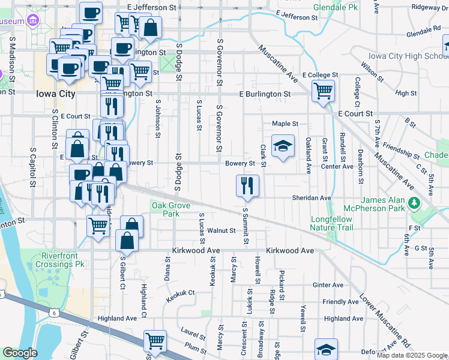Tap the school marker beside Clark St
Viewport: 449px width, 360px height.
[x=283, y=146]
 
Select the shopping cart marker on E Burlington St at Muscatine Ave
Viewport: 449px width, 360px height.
[x=323, y=91]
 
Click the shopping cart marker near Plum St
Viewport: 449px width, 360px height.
[x=155, y=341]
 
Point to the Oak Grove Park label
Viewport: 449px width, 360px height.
[x=166, y=209]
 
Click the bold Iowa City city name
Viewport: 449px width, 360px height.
[x=56, y=94]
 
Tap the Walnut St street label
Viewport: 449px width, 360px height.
[x=221, y=230]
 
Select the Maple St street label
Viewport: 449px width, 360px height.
[x=285, y=124]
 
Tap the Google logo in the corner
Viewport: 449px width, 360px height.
[x=20, y=352]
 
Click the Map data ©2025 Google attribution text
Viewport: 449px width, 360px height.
[x=412, y=355]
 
